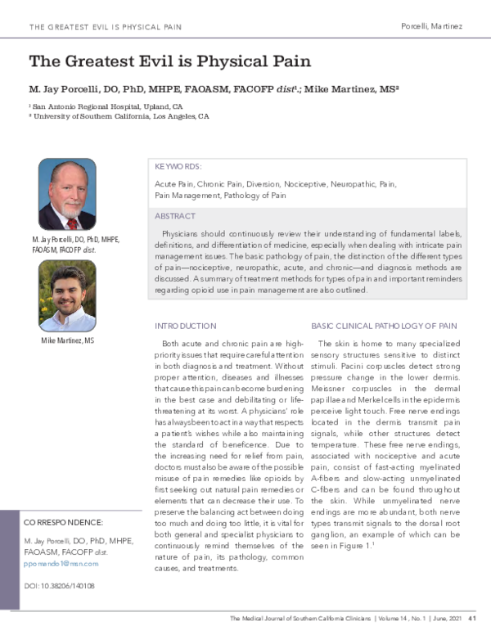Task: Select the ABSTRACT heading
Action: (x=175, y=216)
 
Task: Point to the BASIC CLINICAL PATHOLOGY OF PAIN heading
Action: (x=383, y=325)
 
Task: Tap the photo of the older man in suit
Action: (x=67, y=194)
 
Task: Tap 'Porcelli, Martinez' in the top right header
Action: (x=431, y=26)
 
